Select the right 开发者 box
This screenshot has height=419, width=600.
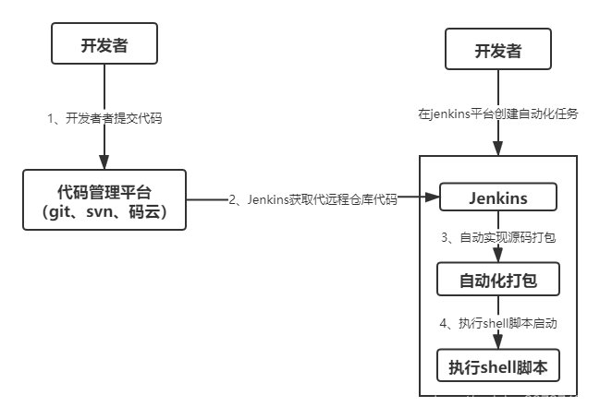click(498, 50)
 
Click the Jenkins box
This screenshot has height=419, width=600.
click(498, 198)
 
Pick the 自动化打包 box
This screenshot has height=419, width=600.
click(498, 278)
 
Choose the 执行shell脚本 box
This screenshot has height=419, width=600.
click(498, 366)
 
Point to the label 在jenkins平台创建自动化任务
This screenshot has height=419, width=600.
click(498, 114)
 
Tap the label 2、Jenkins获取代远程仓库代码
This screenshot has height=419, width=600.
click(312, 198)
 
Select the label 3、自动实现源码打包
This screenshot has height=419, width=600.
click(498, 237)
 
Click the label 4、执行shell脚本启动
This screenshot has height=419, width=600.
click(498, 323)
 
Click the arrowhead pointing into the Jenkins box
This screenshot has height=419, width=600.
click(433, 198)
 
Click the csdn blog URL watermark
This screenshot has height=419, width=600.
click(465, 401)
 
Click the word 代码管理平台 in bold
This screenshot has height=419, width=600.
click(105, 192)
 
